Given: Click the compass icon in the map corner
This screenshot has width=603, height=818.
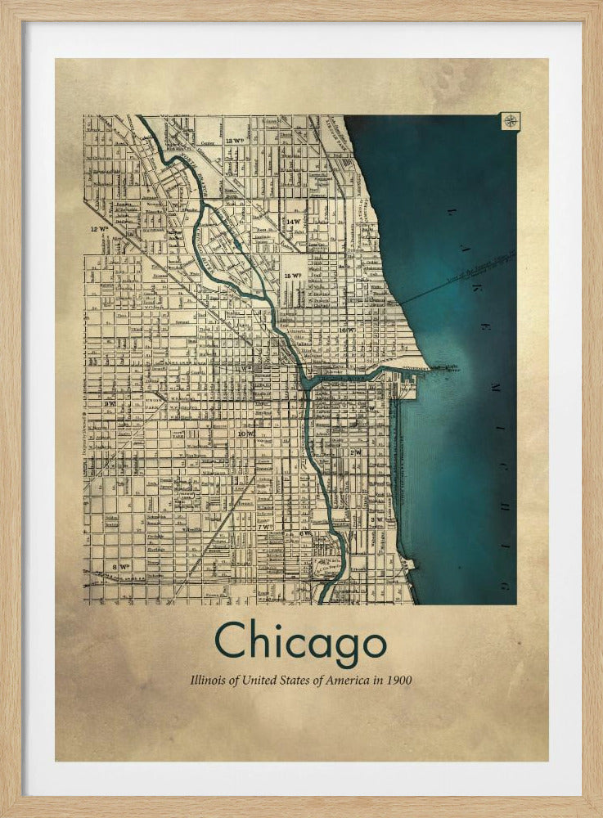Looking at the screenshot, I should tap(510, 122).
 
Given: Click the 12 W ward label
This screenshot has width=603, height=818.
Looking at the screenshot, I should tap(100, 230).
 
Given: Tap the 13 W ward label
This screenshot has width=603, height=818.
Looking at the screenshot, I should tap(236, 141).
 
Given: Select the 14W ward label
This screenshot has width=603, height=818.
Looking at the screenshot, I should tap(294, 222).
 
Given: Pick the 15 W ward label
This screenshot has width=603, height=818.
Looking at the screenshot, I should tap(293, 276).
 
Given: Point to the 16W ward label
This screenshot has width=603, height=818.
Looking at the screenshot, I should tap(349, 330).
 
